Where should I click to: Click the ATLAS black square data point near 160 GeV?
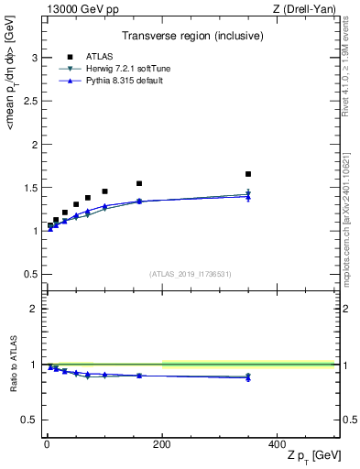point(139,183)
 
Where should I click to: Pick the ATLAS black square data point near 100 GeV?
point(104,191)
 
